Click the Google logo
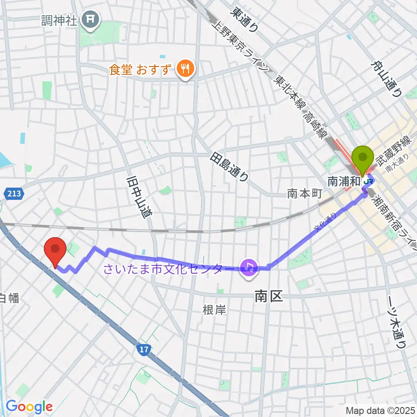[x=29, y=407]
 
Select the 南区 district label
[x=268, y=297]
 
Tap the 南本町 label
[x=304, y=194]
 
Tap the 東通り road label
[x=245, y=20]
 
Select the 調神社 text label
[x=59, y=20]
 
